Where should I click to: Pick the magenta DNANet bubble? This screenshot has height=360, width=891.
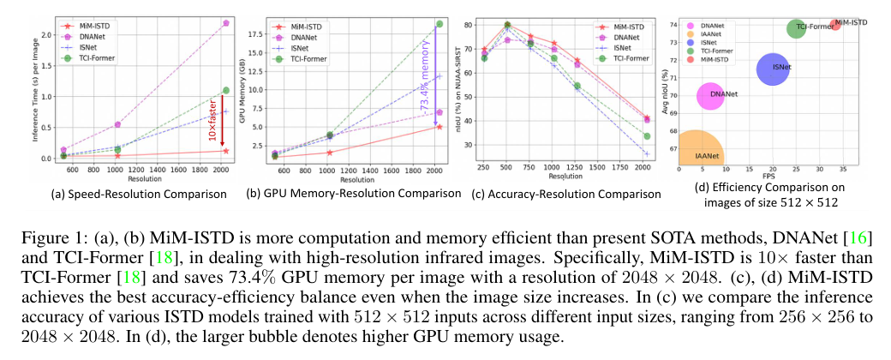711,95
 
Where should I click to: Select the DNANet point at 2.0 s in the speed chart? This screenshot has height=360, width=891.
225,22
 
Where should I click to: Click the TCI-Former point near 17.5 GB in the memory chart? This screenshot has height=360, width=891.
439,23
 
